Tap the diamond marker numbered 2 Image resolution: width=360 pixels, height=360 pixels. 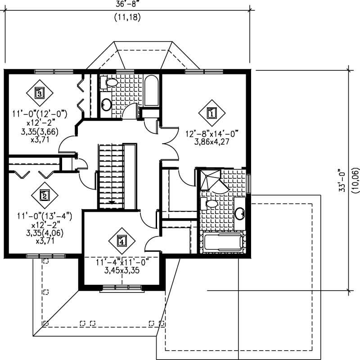(x=45, y=195)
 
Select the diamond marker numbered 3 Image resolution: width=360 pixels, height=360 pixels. (x=40, y=93)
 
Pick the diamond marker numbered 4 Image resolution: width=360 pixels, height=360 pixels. (x=121, y=241)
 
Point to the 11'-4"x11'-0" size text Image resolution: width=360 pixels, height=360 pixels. (x=121, y=262)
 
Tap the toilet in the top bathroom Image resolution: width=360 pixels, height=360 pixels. (x=109, y=82)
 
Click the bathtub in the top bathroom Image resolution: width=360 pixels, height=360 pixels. (x=152, y=91)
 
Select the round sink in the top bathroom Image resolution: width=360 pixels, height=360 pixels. (x=106, y=104)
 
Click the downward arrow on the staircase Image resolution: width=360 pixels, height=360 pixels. (x=111, y=203)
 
